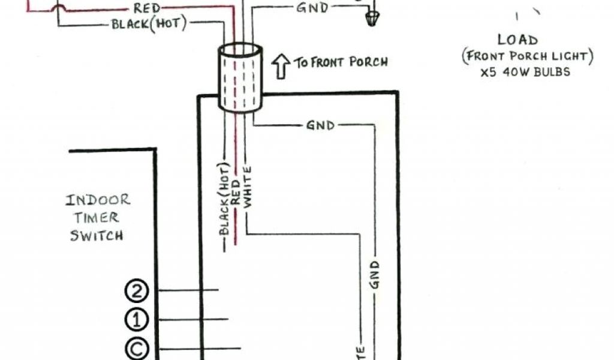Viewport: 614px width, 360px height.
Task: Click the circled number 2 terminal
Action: (136, 291)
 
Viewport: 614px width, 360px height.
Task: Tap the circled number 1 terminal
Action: (136, 319)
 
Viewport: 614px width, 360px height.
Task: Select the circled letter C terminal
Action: (136, 347)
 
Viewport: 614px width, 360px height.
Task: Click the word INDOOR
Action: (98, 200)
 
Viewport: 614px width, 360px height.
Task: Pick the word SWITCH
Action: (97, 235)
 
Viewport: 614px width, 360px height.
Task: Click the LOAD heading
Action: (517, 41)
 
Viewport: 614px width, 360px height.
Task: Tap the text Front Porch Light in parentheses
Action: (528, 57)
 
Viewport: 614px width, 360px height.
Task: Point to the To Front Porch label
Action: (340, 62)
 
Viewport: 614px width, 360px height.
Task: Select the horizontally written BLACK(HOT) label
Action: (149, 24)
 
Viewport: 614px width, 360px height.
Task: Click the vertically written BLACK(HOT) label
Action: (224, 199)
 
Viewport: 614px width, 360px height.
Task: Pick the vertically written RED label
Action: (236, 192)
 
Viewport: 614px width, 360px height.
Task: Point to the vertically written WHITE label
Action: (248, 185)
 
